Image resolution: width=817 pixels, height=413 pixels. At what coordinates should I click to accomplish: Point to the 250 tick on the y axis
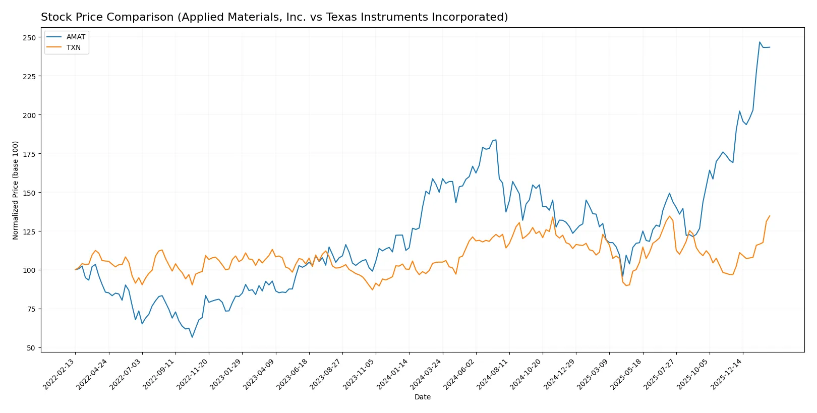point(29,38)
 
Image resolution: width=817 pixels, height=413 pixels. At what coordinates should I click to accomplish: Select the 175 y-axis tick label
point(29,154)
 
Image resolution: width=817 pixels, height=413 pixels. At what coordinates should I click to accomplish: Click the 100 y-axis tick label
point(29,270)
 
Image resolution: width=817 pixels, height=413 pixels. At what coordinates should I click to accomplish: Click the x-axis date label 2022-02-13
point(59,374)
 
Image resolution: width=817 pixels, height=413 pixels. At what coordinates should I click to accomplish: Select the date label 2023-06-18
point(293,374)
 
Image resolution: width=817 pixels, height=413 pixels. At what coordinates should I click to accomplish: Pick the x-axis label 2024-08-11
point(493,374)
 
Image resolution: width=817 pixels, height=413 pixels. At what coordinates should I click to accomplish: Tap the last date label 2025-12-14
point(726,374)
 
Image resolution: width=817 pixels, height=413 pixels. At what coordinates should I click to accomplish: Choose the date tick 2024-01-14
point(392,374)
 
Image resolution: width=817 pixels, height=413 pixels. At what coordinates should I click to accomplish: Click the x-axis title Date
point(422,397)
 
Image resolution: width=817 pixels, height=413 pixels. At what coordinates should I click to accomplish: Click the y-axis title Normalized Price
point(16,190)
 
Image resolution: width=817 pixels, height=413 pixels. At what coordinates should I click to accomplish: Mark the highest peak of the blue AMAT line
point(760,42)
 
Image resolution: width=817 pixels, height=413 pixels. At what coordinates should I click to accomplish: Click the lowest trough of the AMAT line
point(192,337)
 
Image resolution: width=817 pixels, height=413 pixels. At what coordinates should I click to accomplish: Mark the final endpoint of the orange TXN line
point(770,216)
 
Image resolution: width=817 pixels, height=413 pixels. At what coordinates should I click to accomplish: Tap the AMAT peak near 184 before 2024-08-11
point(496,140)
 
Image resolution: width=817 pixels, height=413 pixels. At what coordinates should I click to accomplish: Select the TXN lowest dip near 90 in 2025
point(626,286)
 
